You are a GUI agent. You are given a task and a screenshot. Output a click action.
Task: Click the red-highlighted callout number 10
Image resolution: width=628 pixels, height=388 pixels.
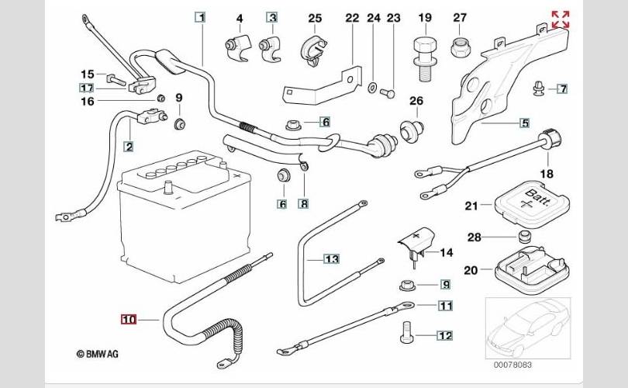[128, 317]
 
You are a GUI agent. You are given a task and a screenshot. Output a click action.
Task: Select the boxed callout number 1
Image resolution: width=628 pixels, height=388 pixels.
[201, 17]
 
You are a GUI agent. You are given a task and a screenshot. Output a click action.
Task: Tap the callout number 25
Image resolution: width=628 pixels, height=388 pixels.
[314, 17]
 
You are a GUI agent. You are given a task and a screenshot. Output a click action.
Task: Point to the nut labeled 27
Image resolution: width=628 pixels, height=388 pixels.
[459, 47]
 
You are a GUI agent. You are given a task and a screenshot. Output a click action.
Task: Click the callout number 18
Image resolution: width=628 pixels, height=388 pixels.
[547, 174]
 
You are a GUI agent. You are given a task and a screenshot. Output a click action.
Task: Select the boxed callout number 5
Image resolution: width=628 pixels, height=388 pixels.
[524, 123]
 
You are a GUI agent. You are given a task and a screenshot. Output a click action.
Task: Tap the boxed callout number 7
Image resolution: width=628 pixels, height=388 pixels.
[562, 89]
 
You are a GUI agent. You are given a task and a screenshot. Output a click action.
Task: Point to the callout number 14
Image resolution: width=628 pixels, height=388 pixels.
[446, 252]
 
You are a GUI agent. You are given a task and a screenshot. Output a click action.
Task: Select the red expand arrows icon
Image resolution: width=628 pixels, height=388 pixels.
[560, 19]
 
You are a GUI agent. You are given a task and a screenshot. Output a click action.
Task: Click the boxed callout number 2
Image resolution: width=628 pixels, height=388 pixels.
[129, 145]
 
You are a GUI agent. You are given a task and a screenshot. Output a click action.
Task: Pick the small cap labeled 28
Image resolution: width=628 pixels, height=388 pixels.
[524, 236]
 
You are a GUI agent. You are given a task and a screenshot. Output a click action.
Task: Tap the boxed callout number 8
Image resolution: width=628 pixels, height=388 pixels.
[304, 204]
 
